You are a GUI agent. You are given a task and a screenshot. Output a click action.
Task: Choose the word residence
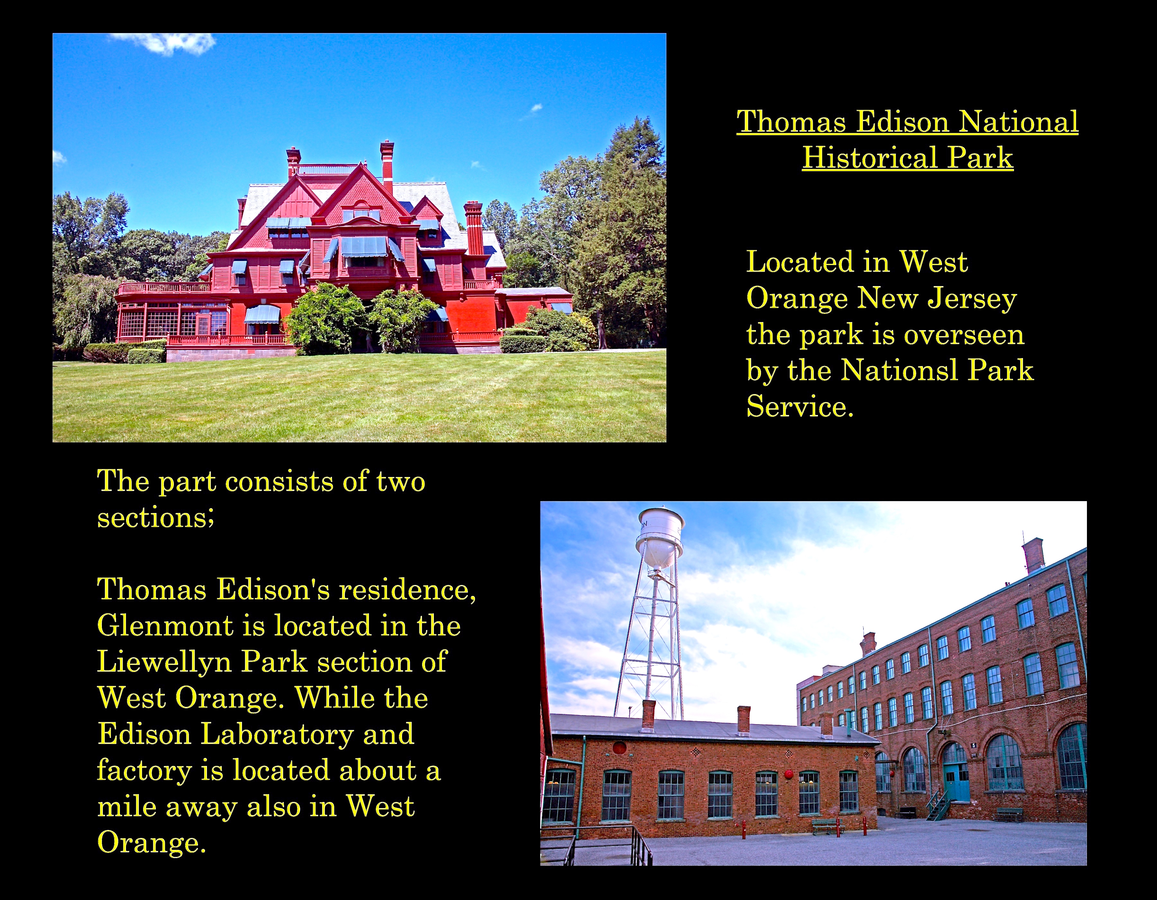click(x=408, y=590)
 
